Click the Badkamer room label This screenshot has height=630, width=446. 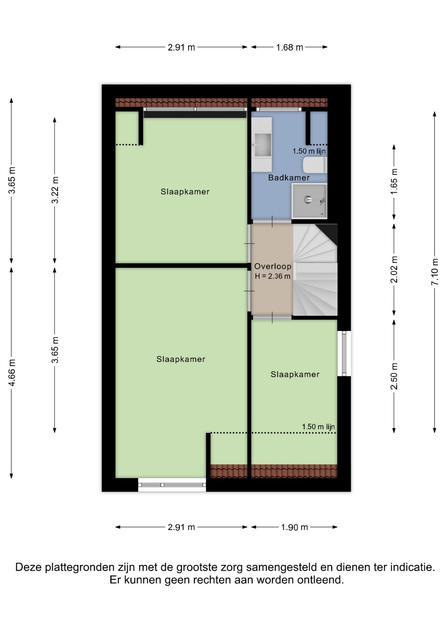289,178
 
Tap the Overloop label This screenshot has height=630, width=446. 273,266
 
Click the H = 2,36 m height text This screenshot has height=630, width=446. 273,276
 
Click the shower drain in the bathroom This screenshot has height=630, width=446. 308,199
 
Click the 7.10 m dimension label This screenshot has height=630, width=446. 435,272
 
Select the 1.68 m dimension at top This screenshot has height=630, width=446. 289,48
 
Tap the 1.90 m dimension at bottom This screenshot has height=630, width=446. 294,527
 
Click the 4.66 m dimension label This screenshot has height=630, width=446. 12,373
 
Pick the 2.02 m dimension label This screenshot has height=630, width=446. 394,269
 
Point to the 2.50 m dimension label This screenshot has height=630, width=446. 394,376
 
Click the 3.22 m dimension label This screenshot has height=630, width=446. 55,190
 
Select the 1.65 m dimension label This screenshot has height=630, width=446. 394,181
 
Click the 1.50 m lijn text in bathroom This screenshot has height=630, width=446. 309,151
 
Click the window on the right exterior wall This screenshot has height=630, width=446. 344,353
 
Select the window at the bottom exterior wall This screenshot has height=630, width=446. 172,485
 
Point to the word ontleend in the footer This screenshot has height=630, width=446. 321,580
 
